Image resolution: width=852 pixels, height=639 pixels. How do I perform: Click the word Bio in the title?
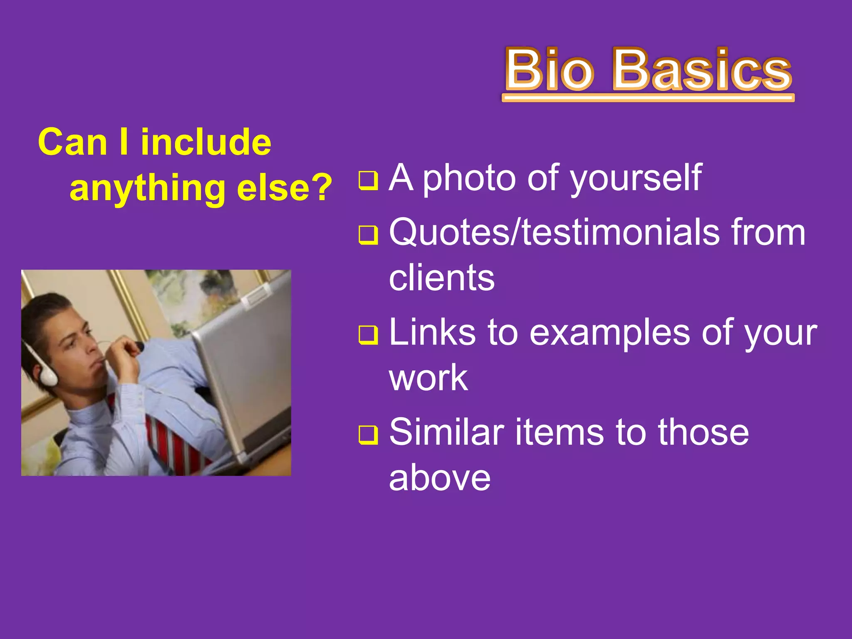[549, 70]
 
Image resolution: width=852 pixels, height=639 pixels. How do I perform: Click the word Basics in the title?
[702, 70]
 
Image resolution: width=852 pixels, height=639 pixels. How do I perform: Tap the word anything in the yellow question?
[147, 188]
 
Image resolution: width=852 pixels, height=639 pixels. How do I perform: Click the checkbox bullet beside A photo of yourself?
[368, 181]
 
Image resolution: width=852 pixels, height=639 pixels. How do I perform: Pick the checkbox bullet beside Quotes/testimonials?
[368, 235]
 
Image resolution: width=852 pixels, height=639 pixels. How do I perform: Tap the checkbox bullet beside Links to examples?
[368, 335]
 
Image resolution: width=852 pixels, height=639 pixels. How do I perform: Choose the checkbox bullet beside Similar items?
[368, 435]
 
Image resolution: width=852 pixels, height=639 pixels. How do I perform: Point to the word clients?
[441, 278]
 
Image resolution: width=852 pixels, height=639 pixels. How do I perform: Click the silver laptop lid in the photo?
[245, 374]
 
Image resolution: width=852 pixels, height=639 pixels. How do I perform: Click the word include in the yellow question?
[206, 142]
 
